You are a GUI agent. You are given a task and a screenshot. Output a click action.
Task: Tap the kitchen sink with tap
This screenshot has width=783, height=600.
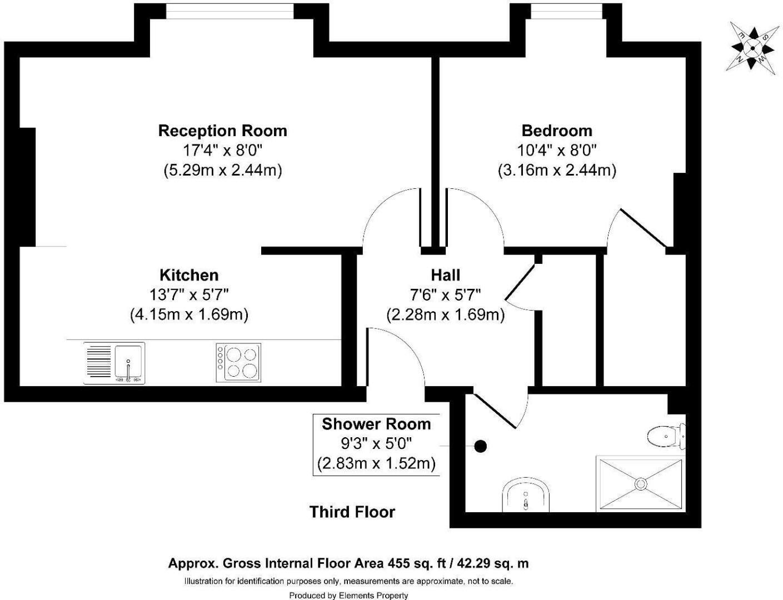tap(129, 362)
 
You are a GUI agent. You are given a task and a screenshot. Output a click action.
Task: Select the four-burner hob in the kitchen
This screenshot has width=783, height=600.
tap(238, 362)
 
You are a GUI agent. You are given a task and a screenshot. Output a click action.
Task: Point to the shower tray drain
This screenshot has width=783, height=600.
tap(641, 483)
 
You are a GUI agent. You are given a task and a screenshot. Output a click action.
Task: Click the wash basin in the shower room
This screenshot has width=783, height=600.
tap(526, 496)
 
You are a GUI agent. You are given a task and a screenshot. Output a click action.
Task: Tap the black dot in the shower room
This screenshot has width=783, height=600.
tap(481, 446)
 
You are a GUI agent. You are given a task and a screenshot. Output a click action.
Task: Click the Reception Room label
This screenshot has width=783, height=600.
tap(222, 131)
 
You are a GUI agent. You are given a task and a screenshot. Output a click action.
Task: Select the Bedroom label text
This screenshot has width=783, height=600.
tap(557, 131)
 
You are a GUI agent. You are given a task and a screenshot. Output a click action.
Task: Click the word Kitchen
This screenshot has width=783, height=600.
tap(189, 275)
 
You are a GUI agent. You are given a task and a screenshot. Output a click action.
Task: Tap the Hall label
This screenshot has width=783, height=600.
tap(445, 275)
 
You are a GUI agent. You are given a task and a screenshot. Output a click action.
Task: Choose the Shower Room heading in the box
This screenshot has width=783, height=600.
tap(376, 424)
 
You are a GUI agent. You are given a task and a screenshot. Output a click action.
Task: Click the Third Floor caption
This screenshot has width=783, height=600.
tap(352, 512)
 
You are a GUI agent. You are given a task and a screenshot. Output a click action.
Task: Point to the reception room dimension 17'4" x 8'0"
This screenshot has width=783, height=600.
tap(222, 150)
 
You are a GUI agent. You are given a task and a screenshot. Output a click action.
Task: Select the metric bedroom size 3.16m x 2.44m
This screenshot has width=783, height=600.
tap(557, 170)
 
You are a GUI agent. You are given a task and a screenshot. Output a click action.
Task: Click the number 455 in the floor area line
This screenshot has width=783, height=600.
tap(398, 563)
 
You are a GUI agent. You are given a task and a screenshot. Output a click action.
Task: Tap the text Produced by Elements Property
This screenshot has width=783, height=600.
tap(348, 596)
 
